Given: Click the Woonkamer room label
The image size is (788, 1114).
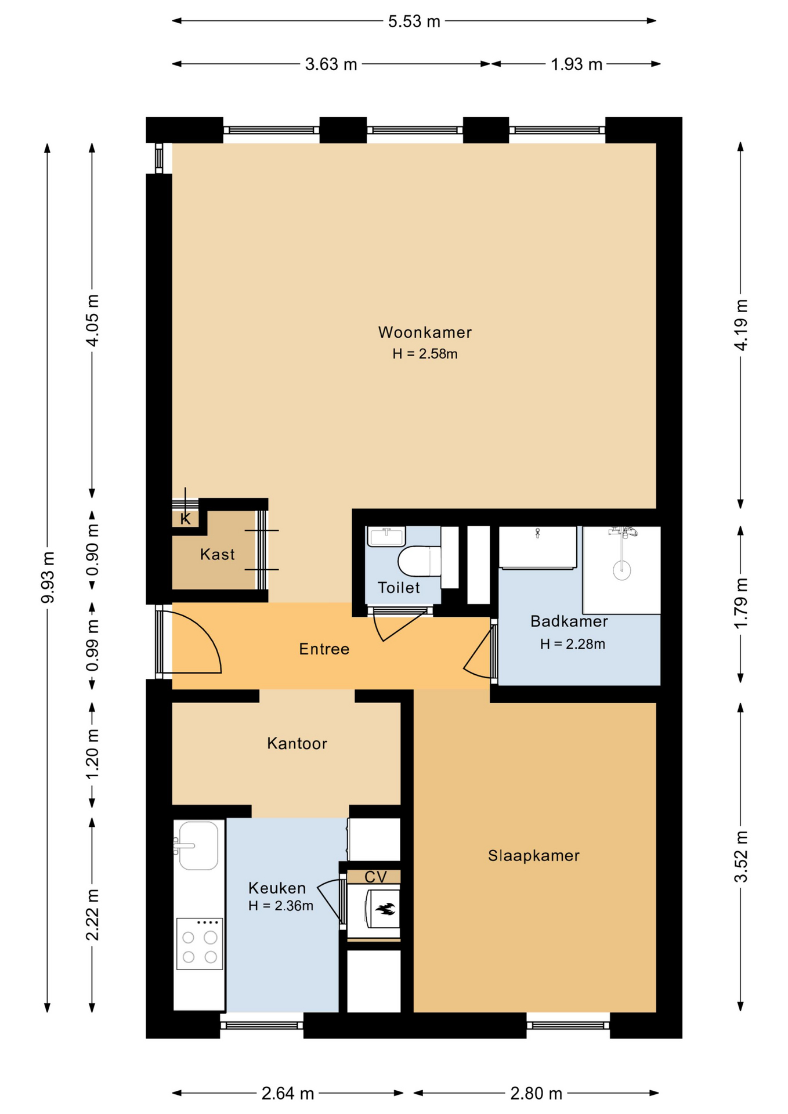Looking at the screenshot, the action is point(425,332).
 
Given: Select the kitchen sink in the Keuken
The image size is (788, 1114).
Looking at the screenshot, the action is point(198,845).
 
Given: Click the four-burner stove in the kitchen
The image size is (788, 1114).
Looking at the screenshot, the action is point(199,943).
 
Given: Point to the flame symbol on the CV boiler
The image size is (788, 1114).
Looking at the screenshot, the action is point(385,909).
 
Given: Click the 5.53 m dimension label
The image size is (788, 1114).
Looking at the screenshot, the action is point(414,21).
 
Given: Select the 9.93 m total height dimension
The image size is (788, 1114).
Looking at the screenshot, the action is point(48,577).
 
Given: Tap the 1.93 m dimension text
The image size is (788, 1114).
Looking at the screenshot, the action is point(576,64).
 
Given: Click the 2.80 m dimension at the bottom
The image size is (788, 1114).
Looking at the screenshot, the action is point(536,1094).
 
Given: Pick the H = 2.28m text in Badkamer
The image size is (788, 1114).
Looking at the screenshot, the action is point(572,644).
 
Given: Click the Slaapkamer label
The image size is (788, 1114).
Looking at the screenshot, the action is point(533,856).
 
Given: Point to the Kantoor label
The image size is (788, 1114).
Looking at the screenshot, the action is point(297,744).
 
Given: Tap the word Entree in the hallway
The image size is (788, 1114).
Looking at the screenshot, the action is point(324,649).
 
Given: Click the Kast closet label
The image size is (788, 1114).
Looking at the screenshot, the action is point(218,555).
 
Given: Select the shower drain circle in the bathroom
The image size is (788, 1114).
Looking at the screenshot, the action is point(622,570).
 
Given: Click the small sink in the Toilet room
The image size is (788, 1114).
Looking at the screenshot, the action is point(386,537).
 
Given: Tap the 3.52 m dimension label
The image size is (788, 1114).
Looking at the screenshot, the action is point(740,857).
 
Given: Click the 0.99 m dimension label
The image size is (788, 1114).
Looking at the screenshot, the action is point(92,645).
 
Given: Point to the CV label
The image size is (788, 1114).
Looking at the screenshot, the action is point(375,877).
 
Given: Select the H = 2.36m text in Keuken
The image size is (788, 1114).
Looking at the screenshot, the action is point(281,906).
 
